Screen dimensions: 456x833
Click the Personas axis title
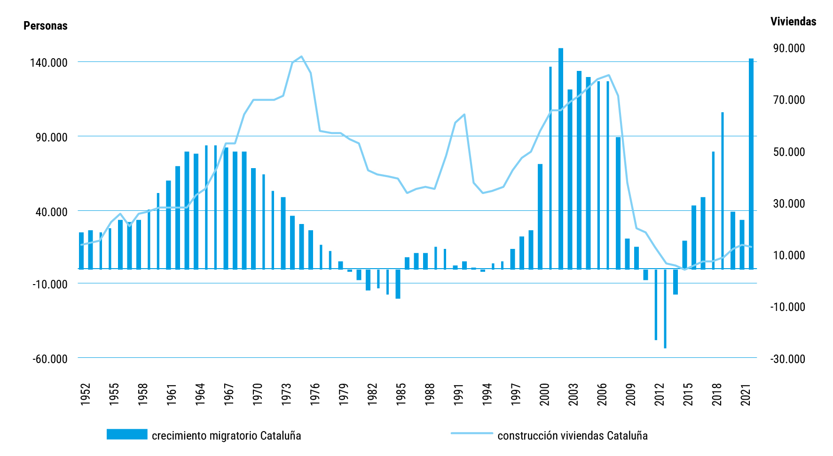click(x=45, y=26)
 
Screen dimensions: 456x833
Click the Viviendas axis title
click(x=793, y=22)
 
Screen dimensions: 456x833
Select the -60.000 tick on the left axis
click(x=50, y=359)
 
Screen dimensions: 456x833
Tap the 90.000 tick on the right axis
click(x=789, y=48)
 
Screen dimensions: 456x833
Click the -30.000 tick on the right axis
click(x=787, y=359)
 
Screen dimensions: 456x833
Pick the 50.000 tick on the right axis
click(x=789, y=152)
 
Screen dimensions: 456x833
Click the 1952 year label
click(x=85, y=394)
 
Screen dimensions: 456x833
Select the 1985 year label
click(x=401, y=394)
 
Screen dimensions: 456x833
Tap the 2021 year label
click(x=746, y=394)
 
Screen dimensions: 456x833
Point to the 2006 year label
click(x=602, y=394)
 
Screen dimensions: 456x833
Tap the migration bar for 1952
click(x=81, y=251)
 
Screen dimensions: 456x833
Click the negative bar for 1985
click(x=398, y=284)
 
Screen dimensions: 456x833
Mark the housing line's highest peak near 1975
click(x=302, y=56)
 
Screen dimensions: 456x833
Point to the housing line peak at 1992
click(x=464, y=115)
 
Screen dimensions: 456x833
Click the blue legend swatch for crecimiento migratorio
click(x=126, y=434)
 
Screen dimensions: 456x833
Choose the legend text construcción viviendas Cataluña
click(x=572, y=436)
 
